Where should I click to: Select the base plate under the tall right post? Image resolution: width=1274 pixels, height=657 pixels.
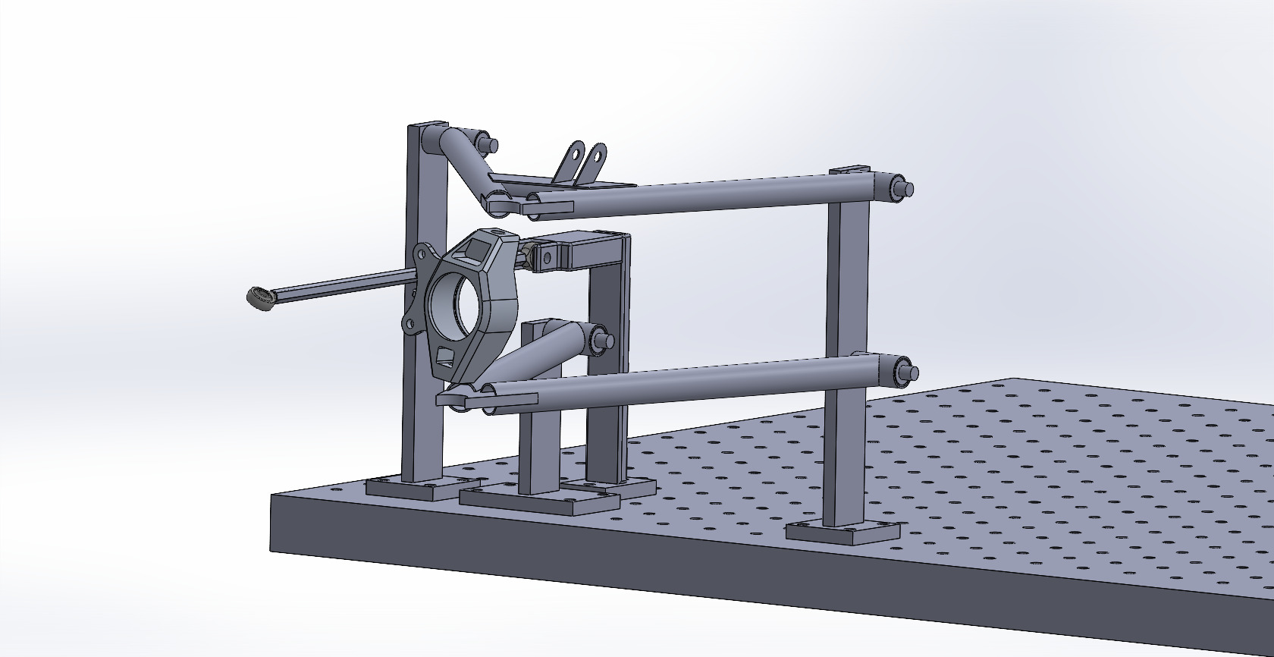point(842,530)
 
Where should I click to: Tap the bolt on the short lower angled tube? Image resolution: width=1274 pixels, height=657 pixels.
point(604,340)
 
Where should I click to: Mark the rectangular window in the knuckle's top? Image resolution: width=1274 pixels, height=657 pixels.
point(474,251)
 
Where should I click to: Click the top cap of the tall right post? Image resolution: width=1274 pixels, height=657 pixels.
point(849,171)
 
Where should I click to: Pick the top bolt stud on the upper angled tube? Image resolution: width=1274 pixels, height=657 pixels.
point(486,143)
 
